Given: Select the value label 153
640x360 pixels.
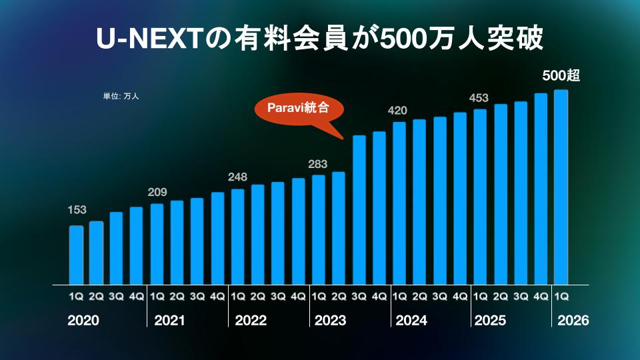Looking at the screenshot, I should [x=77, y=210].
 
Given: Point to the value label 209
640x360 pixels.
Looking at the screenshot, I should [x=157, y=193].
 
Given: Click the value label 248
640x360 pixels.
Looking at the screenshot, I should [x=237, y=177].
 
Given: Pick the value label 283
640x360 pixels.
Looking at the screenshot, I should [x=318, y=164].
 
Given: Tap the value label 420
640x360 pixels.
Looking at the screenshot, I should [x=398, y=110].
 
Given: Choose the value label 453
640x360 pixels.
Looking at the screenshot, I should [x=479, y=98].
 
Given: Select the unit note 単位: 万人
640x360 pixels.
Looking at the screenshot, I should [x=121, y=96].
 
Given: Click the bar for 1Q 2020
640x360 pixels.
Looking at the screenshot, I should [x=77, y=255].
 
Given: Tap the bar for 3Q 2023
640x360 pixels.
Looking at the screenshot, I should [x=359, y=209].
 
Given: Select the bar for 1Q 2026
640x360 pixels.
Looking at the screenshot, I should [x=561, y=187].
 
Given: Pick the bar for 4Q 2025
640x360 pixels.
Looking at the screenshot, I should [x=541, y=189].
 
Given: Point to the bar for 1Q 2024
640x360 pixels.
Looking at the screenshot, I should [x=399, y=203].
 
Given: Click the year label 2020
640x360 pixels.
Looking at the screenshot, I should [x=83, y=321].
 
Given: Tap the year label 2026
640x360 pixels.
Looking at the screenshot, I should [x=573, y=321].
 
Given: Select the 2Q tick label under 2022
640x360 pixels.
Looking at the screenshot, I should [x=257, y=295].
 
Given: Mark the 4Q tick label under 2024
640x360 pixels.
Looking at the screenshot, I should [x=459, y=295].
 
